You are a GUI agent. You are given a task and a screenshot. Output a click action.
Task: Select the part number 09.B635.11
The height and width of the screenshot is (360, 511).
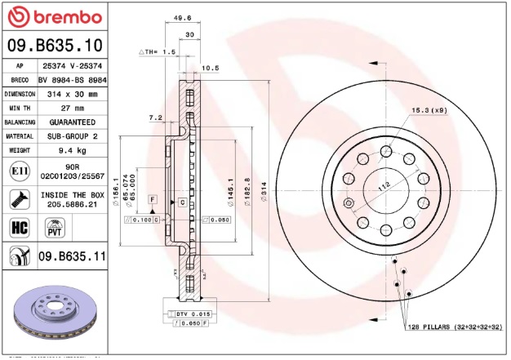73,256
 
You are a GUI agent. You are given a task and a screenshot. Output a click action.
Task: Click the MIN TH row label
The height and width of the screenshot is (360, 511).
20,108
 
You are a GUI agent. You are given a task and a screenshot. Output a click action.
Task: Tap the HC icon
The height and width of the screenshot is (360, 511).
19,226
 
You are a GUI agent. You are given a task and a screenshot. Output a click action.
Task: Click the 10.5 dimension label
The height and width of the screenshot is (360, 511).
210,68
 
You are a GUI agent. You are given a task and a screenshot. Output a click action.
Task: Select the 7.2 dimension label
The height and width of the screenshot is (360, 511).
155,118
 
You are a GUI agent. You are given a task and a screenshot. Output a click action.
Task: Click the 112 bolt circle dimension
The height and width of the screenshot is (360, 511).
383,185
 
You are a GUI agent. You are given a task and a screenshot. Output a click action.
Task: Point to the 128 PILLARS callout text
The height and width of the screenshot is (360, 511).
454,327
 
